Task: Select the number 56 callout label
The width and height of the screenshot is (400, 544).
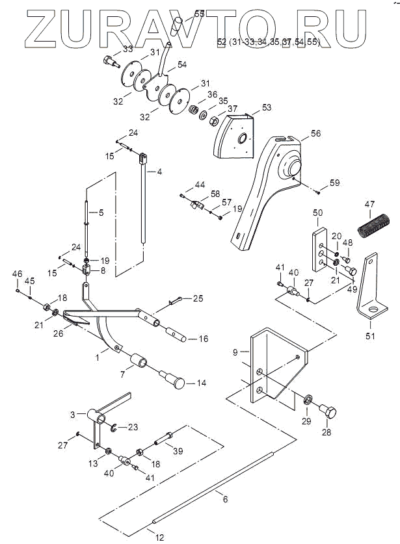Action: (x=315, y=133)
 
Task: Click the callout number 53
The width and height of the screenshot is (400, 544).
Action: (x=266, y=107)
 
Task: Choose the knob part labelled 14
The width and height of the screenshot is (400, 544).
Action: (x=177, y=382)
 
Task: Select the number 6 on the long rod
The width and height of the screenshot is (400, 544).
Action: (x=225, y=499)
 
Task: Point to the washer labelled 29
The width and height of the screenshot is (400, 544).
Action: (x=306, y=399)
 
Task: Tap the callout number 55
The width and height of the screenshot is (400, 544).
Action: (x=199, y=13)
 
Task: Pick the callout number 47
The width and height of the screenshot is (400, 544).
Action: (x=369, y=205)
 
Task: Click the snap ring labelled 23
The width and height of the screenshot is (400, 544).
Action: (x=113, y=426)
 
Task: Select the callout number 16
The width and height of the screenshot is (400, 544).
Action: (x=204, y=339)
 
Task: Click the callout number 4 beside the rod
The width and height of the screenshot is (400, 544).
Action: (x=158, y=172)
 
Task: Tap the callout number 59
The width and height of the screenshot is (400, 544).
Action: (x=334, y=183)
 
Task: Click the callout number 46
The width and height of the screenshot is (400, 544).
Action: (x=18, y=273)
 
